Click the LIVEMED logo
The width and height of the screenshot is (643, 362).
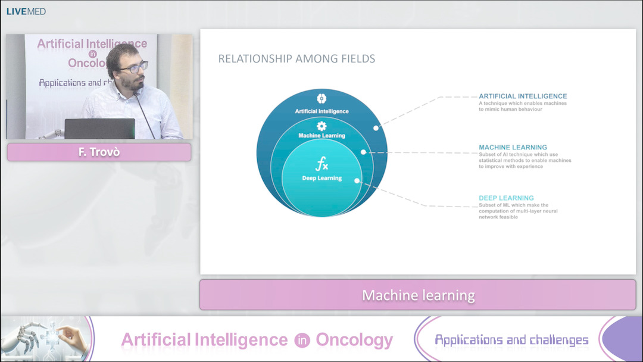pos(26,11)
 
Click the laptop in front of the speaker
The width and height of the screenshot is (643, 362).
pos(99,129)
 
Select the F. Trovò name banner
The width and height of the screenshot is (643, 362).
pos(99,152)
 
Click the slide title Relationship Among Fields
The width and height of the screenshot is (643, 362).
pos(296,58)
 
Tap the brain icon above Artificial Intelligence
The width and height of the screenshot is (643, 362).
pos(321,98)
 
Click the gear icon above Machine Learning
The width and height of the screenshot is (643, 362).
pos(321,126)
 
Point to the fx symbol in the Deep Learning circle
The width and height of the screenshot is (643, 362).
pos(322,164)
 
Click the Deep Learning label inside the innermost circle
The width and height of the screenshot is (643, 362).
pos(322,178)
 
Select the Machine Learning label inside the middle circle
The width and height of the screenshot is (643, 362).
pos(322,135)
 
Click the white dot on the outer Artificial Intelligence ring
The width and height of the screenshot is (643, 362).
pos(376,128)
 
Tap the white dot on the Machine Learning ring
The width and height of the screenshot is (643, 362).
pos(363,152)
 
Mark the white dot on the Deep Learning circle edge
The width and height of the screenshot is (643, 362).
pos(357,180)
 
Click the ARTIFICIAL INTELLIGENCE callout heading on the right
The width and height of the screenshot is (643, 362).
pos(523,96)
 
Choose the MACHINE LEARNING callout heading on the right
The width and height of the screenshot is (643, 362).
pos(513,147)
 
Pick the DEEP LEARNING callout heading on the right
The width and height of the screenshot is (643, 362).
pos(507,198)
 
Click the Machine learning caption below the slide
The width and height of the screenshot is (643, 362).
pos(419,295)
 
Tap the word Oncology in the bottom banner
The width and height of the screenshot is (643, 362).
pos(354,340)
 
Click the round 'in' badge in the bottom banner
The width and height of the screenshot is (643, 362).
pos(302,341)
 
